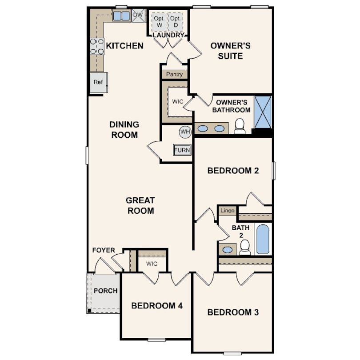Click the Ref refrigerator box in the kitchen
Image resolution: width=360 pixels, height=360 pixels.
click(98, 83)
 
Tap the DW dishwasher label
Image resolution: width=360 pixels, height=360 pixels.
click(138, 16)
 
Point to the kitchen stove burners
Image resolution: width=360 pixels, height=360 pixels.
click(97, 47)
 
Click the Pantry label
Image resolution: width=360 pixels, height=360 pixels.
click(174, 74)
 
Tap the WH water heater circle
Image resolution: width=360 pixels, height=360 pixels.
click(184, 132)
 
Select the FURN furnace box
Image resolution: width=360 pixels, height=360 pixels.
click(182, 150)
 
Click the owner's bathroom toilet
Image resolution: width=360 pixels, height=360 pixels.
click(240, 126)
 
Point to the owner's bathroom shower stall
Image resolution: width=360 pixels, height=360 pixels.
click(262, 112)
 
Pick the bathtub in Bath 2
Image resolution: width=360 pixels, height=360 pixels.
click(263, 239)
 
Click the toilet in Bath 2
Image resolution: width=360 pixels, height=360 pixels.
click(245, 248)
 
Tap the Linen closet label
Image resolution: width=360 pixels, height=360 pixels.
click(227, 210)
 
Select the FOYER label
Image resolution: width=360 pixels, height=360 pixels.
click(104, 250)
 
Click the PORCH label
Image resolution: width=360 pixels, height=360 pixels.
click(105, 291)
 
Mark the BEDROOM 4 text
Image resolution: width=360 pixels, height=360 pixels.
click(156, 306)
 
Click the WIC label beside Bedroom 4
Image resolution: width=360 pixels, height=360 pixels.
click(152, 264)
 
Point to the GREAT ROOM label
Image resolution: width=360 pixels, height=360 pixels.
click(140, 206)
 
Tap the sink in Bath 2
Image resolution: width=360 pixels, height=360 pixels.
click(228, 249)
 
